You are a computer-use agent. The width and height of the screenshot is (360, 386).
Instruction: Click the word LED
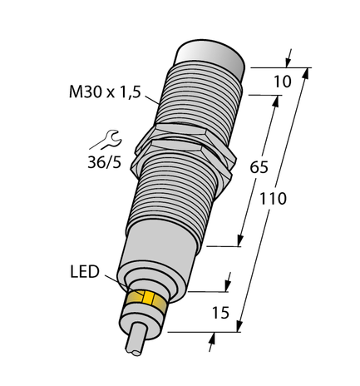[84, 272]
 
